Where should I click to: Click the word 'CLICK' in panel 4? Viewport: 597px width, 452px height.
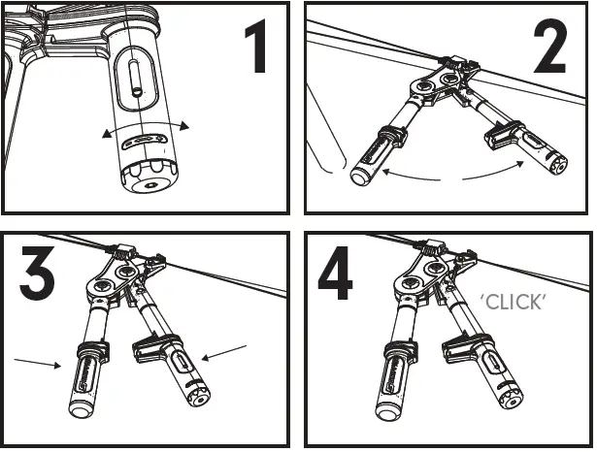[x=514, y=303]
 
